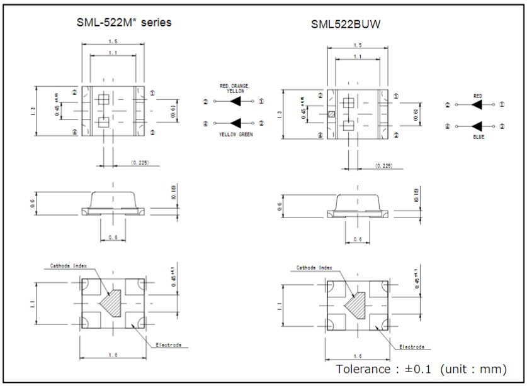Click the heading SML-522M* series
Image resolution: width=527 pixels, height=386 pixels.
[x=123, y=23]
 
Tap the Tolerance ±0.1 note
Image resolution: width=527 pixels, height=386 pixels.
[x=421, y=368]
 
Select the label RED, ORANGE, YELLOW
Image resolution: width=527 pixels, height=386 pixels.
[x=234, y=88]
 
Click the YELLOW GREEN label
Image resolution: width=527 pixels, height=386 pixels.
[x=235, y=135]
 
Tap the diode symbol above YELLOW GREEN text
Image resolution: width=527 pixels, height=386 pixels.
[x=236, y=123]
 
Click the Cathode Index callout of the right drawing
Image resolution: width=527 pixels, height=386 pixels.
[x=314, y=268]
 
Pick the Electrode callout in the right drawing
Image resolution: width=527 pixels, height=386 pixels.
[x=411, y=346]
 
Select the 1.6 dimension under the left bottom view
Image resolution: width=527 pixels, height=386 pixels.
[x=113, y=355]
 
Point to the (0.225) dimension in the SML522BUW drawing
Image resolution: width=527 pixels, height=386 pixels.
[x=383, y=165]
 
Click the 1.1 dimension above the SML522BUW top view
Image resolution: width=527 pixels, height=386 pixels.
[x=358, y=57]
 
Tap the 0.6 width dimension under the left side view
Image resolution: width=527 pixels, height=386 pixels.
[x=113, y=237]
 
